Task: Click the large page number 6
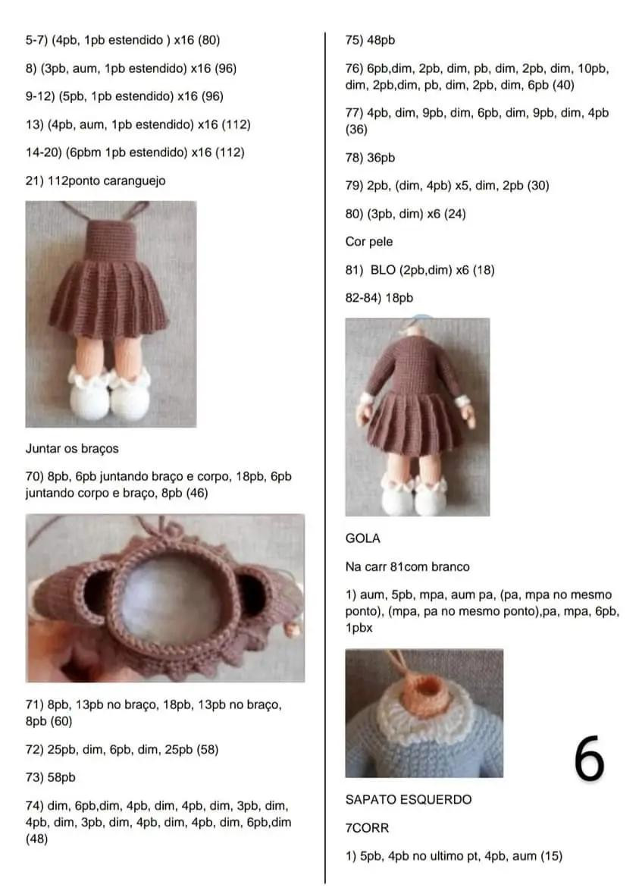point(589,758)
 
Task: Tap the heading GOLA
point(362,538)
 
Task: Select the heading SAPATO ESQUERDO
point(408,799)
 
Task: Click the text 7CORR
point(367,828)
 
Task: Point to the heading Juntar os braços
point(72,448)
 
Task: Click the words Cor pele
point(368,242)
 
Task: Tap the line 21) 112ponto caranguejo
point(96,180)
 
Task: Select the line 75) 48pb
point(370,40)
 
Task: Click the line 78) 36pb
point(370,158)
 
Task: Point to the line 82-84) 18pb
point(379,298)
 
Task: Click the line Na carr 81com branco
point(407,566)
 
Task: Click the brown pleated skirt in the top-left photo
point(108,295)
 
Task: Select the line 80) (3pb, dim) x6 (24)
point(405,214)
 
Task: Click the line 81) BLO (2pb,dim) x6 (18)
point(420,270)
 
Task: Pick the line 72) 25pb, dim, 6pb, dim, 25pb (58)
point(122,749)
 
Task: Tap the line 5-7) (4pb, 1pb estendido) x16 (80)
point(123,39)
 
